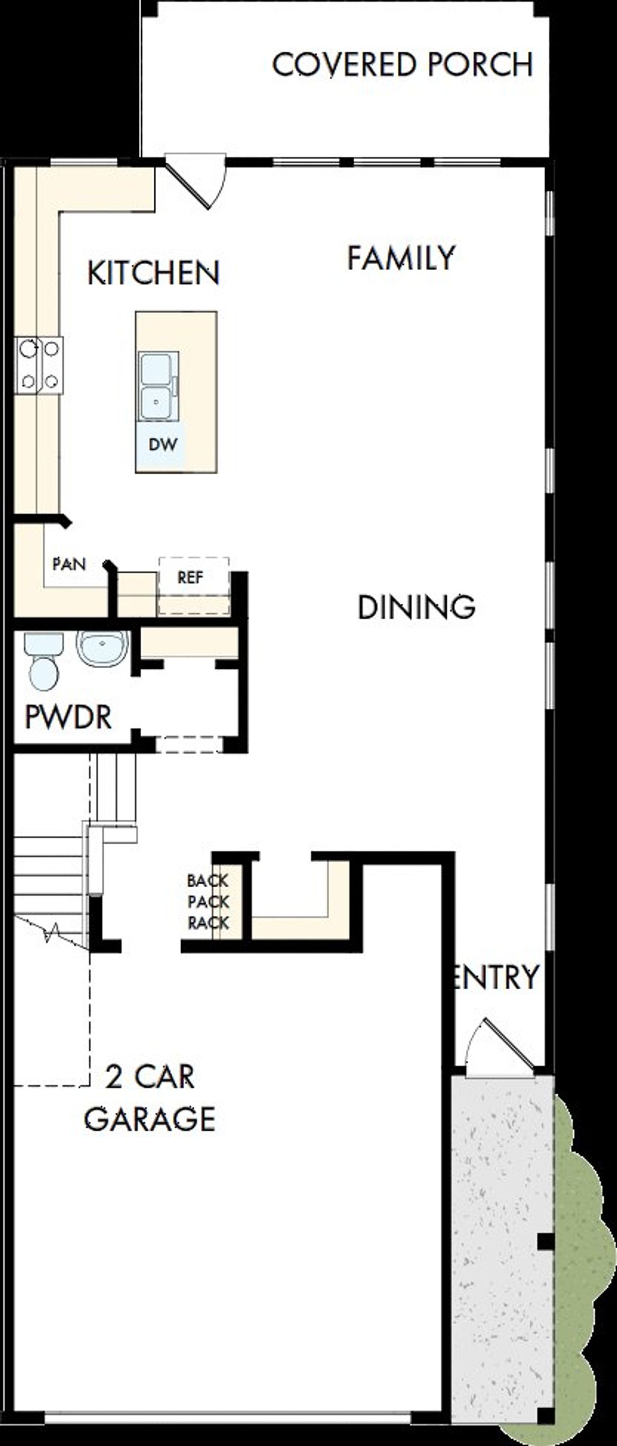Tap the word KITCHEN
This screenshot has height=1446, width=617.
coord(153,273)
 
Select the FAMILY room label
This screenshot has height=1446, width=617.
coord(401,258)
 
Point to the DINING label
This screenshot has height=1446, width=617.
coord(416,608)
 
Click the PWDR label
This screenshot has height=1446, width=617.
coord(68,717)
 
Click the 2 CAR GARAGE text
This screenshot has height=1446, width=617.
coord(150,1098)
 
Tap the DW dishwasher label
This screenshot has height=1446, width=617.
coord(163,445)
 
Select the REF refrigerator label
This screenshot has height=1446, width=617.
coord(190,577)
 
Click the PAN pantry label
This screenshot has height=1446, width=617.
coord(69,564)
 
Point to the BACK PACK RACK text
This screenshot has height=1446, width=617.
coord(208,902)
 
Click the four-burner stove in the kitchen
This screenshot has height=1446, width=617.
coord(39,365)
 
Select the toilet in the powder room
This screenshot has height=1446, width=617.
coord(43,662)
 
